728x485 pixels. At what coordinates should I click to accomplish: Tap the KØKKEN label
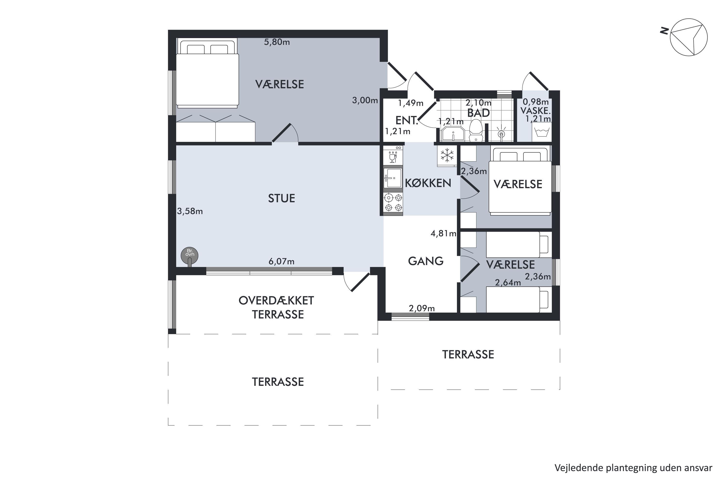point(428,183)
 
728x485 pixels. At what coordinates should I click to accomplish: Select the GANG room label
point(426,261)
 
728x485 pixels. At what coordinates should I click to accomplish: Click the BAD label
point(478,113)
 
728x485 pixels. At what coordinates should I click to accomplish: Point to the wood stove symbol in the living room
point(190,256)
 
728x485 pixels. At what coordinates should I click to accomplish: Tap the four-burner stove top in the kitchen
point(393,202)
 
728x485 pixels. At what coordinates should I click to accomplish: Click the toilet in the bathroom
point(476,131)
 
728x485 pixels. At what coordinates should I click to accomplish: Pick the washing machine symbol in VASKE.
point(542,132)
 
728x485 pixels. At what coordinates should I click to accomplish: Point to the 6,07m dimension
point(281,261)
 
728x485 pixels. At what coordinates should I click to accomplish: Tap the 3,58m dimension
point(190,211)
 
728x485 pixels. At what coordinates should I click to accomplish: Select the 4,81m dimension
point(443,233)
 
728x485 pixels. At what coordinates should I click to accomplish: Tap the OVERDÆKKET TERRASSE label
point(276,307)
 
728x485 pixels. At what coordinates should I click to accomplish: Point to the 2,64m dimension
point(508,283)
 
